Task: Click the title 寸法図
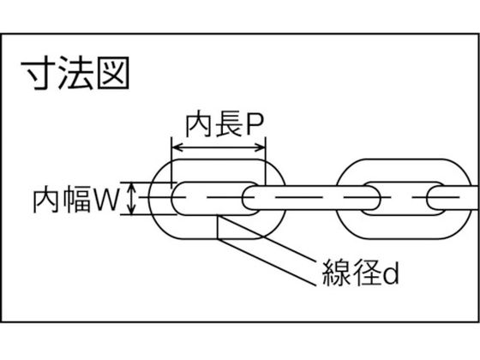pyautogui.click(x=75, y=73)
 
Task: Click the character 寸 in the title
pyautogui.click(x=38, y=73)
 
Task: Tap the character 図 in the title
pyautogui.click(x=113, y=73)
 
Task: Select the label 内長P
pyautogui.click(x=225, y=125)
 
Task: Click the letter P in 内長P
pyautogui.click(x=255, y=125)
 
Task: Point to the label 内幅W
pyautogui.click(x=76, y=200)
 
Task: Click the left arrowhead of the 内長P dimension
pyautogui.click(x=177, y=147)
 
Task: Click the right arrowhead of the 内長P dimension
pyautogui.click(x=261, y=147)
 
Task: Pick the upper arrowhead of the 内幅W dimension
pyautogui.click(x=132, y=187)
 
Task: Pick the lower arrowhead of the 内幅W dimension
pyautogui.click(x=132, y=210)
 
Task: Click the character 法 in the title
pyautogui.click(x=75, y=73)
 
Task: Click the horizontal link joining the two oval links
pyautogui.click(x=311, y=198)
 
